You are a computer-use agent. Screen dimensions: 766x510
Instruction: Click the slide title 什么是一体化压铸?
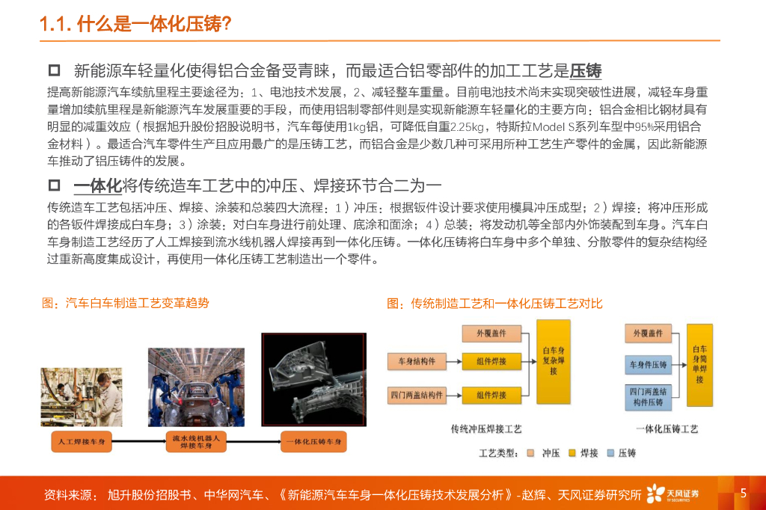coord(154,23)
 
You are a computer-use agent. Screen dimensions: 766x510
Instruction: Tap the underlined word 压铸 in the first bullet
coord(586,71)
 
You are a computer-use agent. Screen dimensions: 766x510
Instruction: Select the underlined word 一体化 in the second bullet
coord(98,185)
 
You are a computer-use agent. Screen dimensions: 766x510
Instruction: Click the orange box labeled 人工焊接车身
coord(82,442)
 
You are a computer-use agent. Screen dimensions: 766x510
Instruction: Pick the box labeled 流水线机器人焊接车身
coord(196,442)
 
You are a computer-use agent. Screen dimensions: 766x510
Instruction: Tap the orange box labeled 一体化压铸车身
coord(313,442)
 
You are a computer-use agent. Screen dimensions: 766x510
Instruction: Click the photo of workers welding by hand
coord(82,397)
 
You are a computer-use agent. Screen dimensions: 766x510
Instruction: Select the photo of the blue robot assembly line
coord(197,387)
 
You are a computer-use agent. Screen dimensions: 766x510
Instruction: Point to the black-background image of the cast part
coord(313,380)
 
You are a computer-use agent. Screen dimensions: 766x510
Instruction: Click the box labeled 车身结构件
coord(417,361)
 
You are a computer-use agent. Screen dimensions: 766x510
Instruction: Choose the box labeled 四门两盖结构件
coord(417,395)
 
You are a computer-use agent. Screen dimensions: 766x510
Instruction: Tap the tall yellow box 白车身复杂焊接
coord(554,361)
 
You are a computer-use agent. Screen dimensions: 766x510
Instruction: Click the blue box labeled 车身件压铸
coord(649,364)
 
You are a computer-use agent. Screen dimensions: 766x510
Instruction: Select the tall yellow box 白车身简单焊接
coord(699,365)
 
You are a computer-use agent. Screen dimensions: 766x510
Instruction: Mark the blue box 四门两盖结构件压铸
coord(649,397)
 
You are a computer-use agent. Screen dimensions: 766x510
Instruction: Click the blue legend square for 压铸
coord(610,453)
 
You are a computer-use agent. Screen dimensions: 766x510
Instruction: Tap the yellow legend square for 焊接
coord(572,453)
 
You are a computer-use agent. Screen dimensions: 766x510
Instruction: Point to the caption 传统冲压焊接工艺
coord(486,429)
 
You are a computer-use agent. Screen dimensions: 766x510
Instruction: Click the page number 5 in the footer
coord(744,493)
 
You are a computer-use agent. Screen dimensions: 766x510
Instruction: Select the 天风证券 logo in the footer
coord(672,494)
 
